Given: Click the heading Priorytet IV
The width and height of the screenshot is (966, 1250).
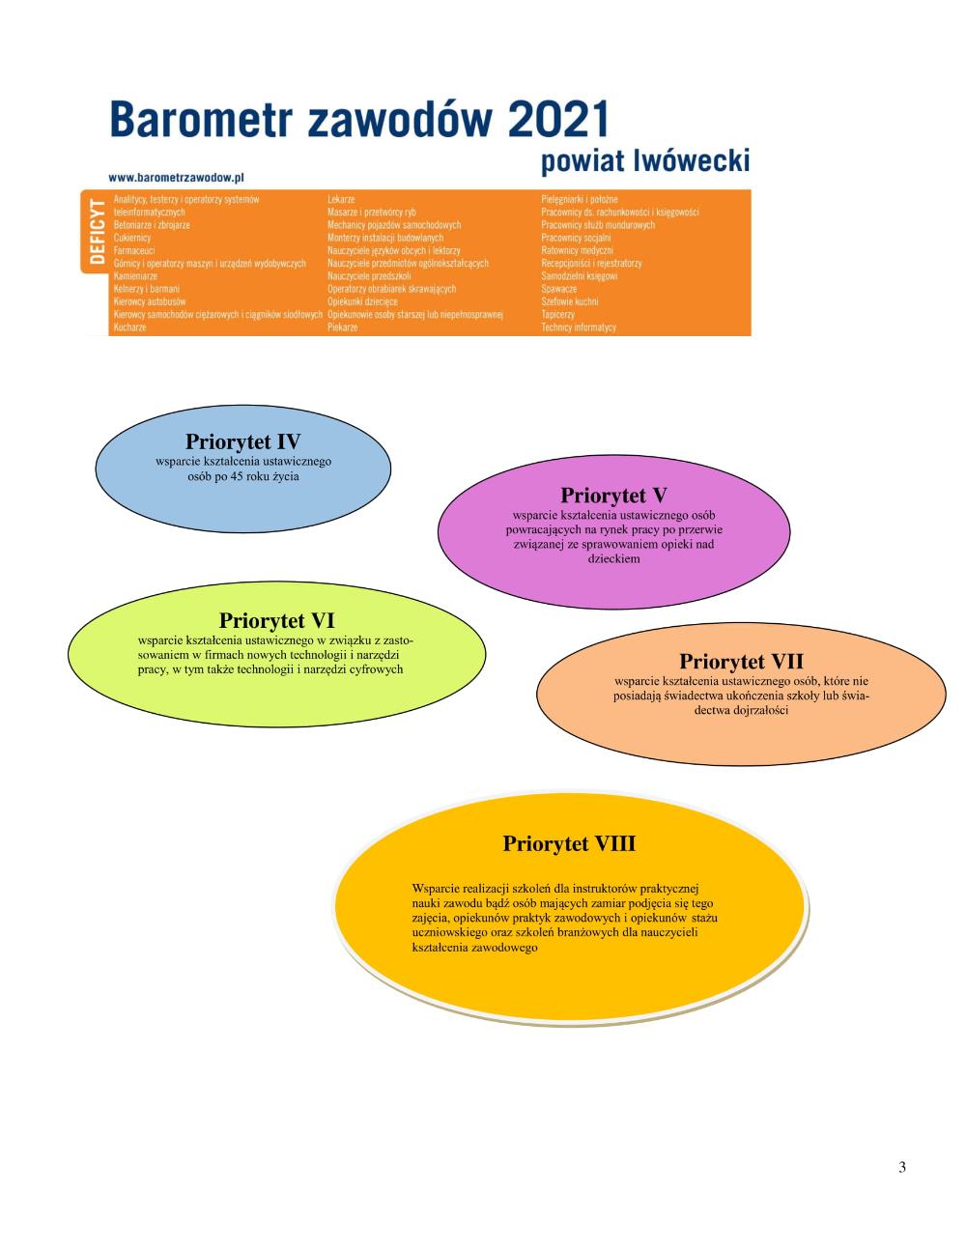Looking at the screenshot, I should [x=242, y=442].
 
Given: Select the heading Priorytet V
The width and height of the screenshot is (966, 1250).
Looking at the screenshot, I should [x=613, y=496].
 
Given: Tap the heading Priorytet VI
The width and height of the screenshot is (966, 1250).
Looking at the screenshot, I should [x=276, y=620].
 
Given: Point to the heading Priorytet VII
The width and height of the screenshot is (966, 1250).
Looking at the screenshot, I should [x=741, y=662].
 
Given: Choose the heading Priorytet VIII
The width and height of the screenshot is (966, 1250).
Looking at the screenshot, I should [x=569, y=843].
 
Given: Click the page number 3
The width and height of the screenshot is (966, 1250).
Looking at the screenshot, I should [x=902, y=1167].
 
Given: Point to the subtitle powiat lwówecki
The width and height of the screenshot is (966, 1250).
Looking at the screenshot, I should [x=644, y=160].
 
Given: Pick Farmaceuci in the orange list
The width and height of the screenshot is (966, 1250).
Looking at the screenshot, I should [x=134, y=250].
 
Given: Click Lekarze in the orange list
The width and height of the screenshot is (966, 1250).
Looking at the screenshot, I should [x=341, y=199].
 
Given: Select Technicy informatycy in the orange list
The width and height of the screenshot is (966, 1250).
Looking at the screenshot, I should [x=578, y=327].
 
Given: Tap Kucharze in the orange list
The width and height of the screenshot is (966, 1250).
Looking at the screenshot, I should [x=129, y=327].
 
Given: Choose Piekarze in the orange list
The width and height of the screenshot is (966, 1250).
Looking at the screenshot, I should [x=342, y=327].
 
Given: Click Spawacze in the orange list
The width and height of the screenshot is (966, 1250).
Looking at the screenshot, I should [x=559, y=289].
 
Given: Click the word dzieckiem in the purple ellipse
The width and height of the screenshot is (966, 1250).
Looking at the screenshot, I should [x=613, y=558].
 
